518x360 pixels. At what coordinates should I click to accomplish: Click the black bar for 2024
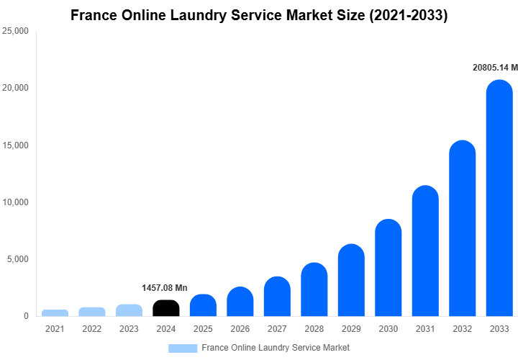click(166, 308)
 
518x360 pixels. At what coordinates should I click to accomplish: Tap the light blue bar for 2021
click(55, 313)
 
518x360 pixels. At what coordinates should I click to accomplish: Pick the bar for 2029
click(351, 280)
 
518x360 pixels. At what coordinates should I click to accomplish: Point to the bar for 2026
click(240, 302)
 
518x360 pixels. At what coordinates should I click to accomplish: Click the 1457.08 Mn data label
click(164, 288)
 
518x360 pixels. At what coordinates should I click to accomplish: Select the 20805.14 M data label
click(495, 68)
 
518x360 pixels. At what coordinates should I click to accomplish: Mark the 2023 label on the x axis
click(129, 329)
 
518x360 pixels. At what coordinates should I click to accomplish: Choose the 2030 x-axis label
click(388, 329)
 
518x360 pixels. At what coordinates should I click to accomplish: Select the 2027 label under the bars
click(277, 329)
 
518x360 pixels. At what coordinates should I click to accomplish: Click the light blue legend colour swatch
click(183, 348)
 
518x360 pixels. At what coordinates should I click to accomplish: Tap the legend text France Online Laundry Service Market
click(276, 348)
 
